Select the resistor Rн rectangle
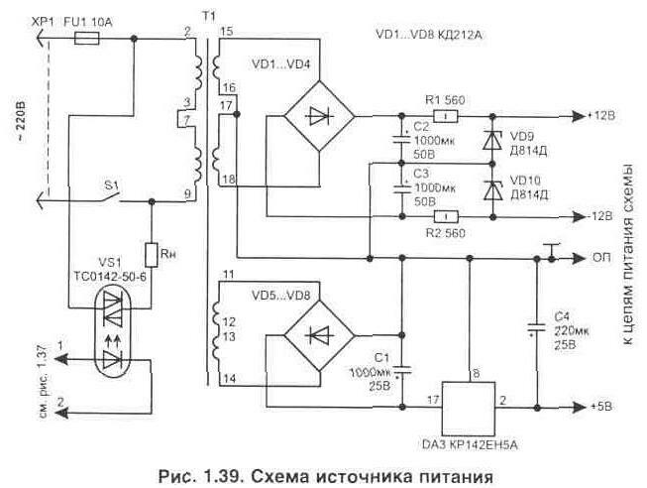(x=152, y=254)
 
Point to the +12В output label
(x=601, y=116)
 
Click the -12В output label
(x=601, y=215)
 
